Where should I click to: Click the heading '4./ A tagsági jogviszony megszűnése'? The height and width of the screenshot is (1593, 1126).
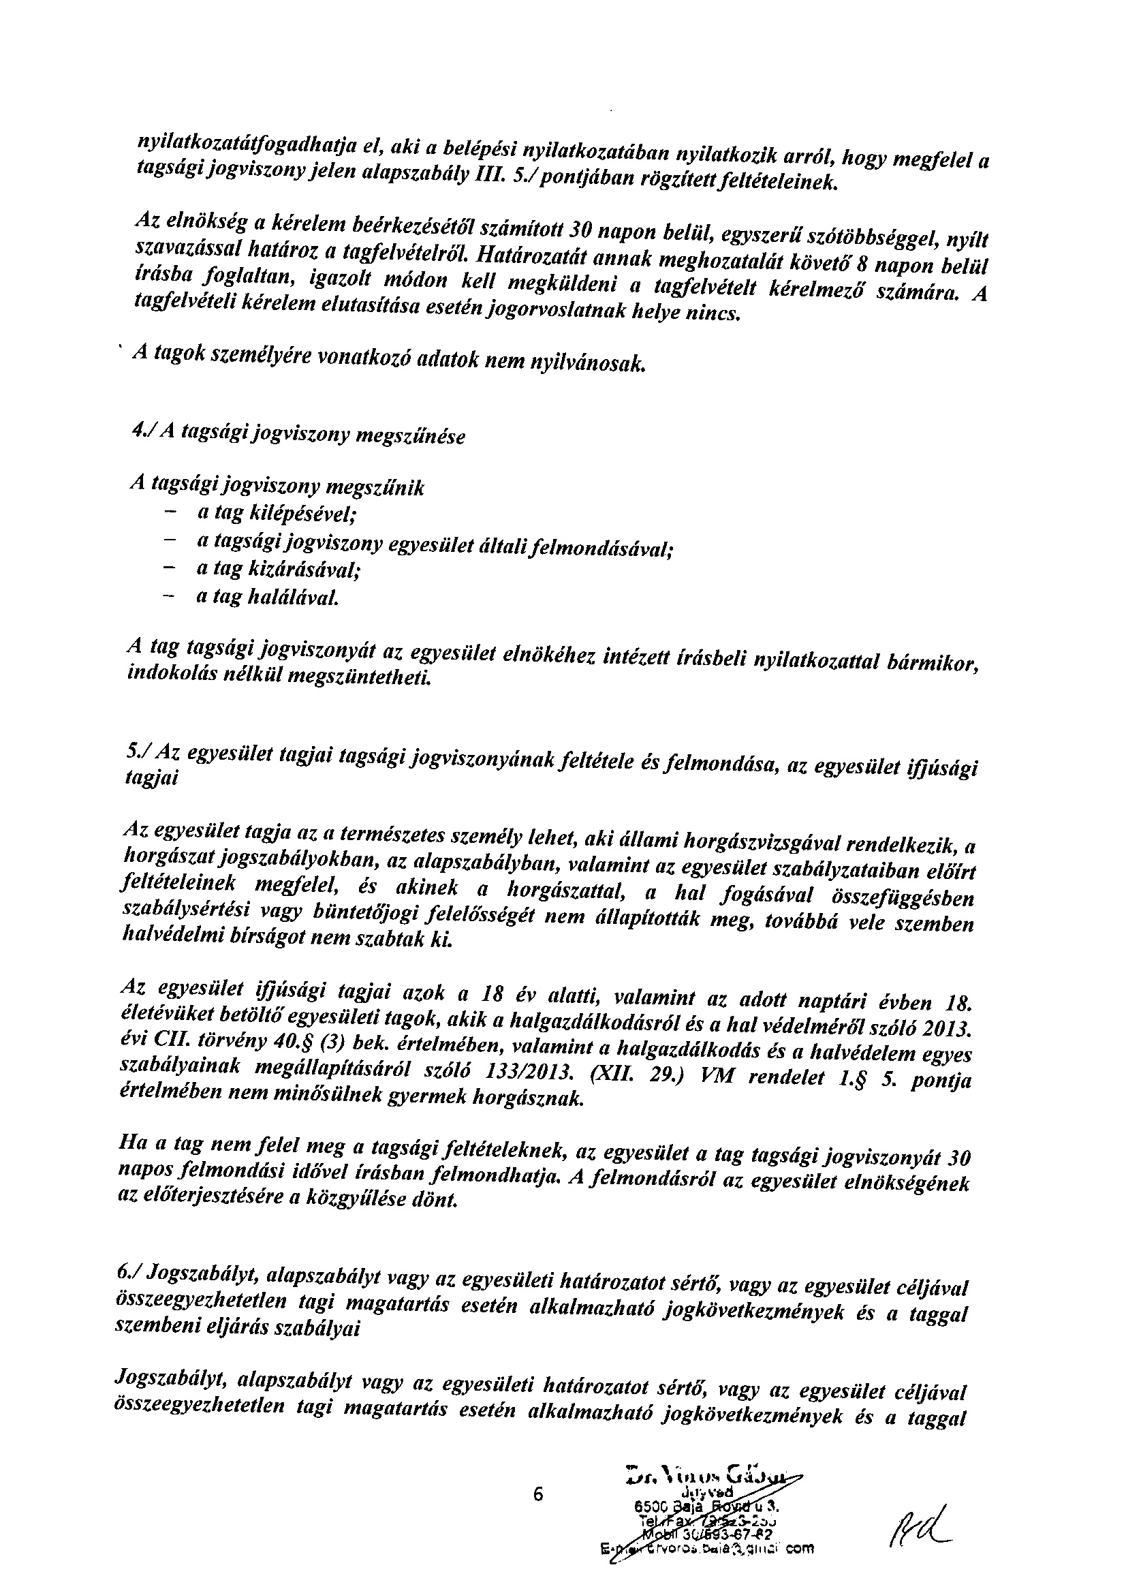coord(298,435)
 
